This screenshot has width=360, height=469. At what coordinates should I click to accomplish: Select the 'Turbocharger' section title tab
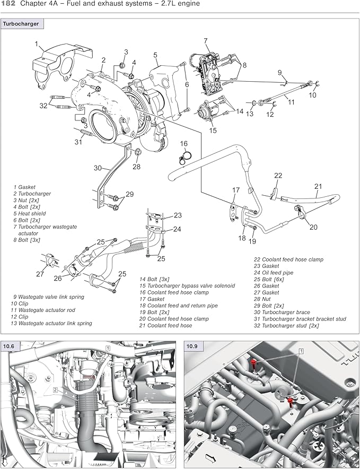click(x=23, y=24)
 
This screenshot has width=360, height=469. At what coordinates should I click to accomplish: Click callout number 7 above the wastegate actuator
click(x=205, y=41)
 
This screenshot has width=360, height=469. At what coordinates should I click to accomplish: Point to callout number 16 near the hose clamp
click(x=183, y=144)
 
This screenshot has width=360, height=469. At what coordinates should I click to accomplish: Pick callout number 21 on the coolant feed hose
click(x=318, y=186)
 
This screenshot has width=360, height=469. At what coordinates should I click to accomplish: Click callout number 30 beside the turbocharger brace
click(x=98, y=168)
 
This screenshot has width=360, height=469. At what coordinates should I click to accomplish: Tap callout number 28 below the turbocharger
click(x=136, y=167)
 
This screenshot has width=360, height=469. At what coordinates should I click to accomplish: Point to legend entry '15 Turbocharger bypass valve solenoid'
click(x=187, y=286)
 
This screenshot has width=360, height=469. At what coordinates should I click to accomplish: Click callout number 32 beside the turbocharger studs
click(x=43, y=106)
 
